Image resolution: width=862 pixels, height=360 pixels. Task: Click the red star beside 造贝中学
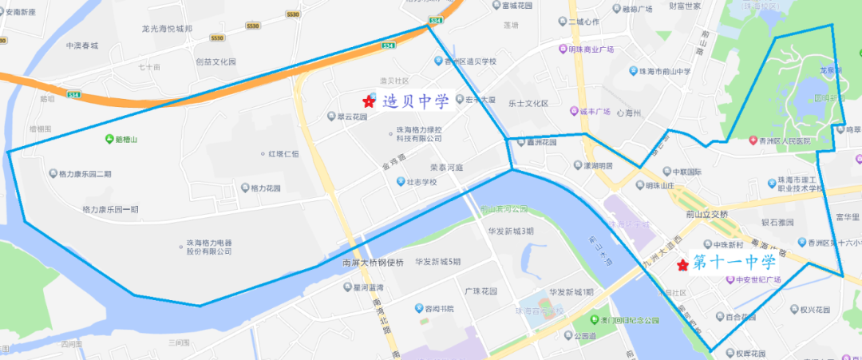click(x=369, y=101)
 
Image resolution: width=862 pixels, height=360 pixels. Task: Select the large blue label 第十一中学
click(x=734, y=263)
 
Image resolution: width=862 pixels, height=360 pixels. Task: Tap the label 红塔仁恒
click(x=283, y=153)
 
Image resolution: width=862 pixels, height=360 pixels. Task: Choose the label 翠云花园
click(x=352, y=117)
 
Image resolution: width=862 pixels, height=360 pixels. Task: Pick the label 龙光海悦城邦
click(x=168, y=29)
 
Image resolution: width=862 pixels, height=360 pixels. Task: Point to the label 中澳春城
click(x=81, y=45)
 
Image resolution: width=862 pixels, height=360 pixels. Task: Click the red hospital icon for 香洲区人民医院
click(x=753, y=141)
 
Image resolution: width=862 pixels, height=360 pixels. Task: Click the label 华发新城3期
click(x=511, y=231)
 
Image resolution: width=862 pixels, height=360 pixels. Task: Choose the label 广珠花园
click(x=480, y=291)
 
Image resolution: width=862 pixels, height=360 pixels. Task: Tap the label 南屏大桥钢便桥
click(x=373, y=263)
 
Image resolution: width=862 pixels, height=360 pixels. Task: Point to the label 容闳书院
click(x=439, y=309)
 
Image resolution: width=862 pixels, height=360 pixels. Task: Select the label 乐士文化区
click(x=528, y=103)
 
